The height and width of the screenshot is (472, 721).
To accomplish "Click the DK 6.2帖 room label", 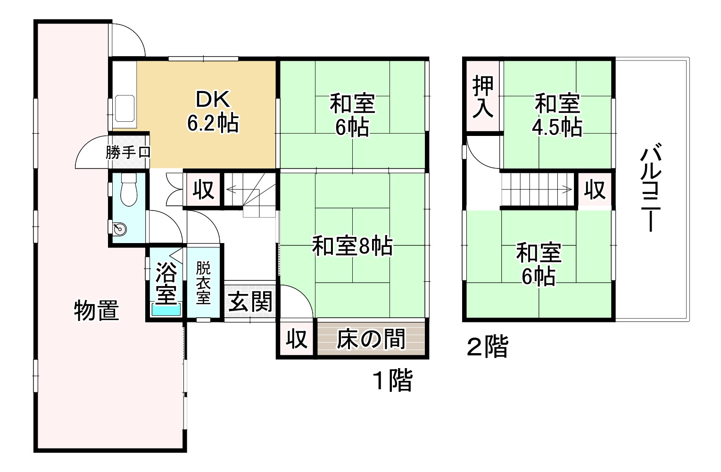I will click(x=213, y=111).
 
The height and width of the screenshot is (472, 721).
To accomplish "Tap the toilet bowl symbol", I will click(x=128, y=191).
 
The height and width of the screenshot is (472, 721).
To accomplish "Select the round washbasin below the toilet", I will click(x=120, y=229).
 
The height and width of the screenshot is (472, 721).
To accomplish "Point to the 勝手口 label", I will click(x=128, y=152).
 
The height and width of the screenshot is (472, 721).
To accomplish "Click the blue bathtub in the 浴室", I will click(x=166, y=310).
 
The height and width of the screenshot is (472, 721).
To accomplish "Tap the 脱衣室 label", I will click(x=203, y=283).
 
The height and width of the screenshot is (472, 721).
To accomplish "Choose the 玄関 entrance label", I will click(x=250, y=302).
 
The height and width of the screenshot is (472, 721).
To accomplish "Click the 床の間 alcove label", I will click(x=371, y=339).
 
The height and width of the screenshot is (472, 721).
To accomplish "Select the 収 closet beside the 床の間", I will click(x=297, y=339).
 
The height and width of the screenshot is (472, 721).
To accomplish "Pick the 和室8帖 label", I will click(x=352, y=246).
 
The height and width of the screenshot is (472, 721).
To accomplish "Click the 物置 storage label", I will click(x=97, y=311).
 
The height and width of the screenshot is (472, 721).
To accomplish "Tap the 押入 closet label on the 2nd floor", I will click(x=483, y=96).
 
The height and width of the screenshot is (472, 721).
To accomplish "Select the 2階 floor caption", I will click(x=487, y=347).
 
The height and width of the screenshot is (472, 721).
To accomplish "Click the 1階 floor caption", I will click(x=393, y=380).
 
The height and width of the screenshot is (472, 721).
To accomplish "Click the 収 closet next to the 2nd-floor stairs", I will click(x=594, y=190).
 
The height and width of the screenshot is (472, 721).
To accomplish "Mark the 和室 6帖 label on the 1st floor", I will click(x=352, y=115).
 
